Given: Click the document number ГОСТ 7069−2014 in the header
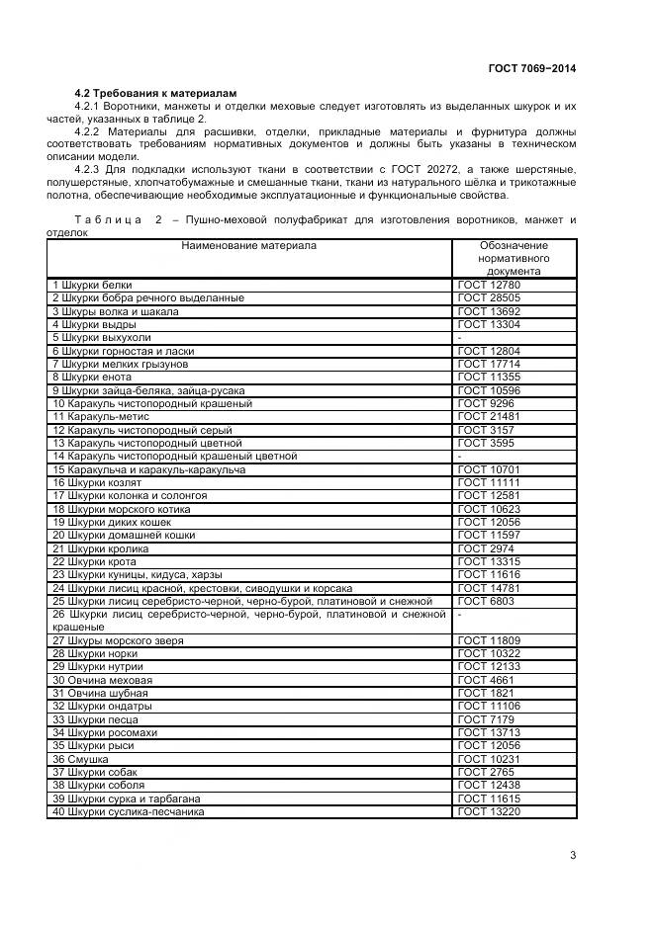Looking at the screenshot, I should pyautogui.click(x=531, y=68).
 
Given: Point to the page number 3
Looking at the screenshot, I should pyautogui.click(x=573, y=855).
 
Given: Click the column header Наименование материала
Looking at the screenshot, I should pyautogui.click(x=249, y=245).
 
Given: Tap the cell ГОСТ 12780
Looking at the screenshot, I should pyautogui.click(x=488, y=285).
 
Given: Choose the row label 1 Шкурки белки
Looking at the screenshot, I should pyautogui.click(x=91, y=285).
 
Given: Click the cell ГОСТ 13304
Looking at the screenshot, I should pyautogui.click(x=488, y=324).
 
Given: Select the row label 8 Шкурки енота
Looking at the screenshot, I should pyautogui.click(x=91, y=377).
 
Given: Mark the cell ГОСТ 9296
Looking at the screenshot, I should pyautogui.click(x=485, y=403).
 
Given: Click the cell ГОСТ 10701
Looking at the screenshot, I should pyautogui.click(x=488, y=469).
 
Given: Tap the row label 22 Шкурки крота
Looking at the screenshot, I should pyautogui.click(x=92, y=561).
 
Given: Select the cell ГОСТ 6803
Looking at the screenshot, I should pyautogui.click(x=485, y=601).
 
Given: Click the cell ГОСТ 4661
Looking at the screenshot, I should pyautogui.click(x=485, y=680).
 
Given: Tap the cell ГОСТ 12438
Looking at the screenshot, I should pyautogui.click(x=488, y=786).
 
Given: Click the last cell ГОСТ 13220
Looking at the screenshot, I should pyautogui.click(x=488, y=812).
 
